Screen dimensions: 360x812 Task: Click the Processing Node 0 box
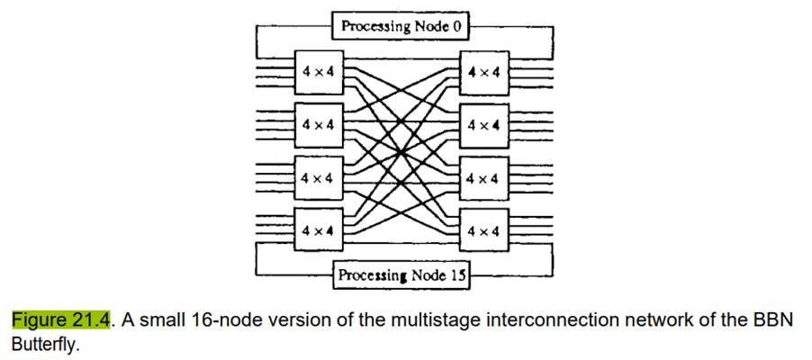pyautogui.click(x=401, y=26)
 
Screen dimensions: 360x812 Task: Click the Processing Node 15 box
pyautogui.click(x=401, y=275)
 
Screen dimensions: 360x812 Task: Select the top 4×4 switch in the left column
pyautogui.click(x=318, y=71)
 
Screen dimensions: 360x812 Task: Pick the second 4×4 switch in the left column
pyautogui.click(x=318, y=124)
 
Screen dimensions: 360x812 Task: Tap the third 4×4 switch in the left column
pyautogui.click(x=318, y=178)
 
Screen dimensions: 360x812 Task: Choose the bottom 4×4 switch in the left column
pyautogui.click(x=318, y=231)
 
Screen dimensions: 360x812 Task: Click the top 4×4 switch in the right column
pyautogui.click(x=485, y=71)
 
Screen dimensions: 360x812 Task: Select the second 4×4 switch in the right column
pyautogui.click(x=485, y=124)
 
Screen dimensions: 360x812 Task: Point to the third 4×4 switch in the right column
pyautogui.click(x=485, y=178)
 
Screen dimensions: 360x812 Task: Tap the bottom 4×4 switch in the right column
pyautogui.click(x=485, y=231)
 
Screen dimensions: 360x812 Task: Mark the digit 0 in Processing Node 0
pyautogui.click(x=456, y=26)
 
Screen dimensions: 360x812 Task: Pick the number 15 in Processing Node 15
pyautogui.click(x=459, y=275)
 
